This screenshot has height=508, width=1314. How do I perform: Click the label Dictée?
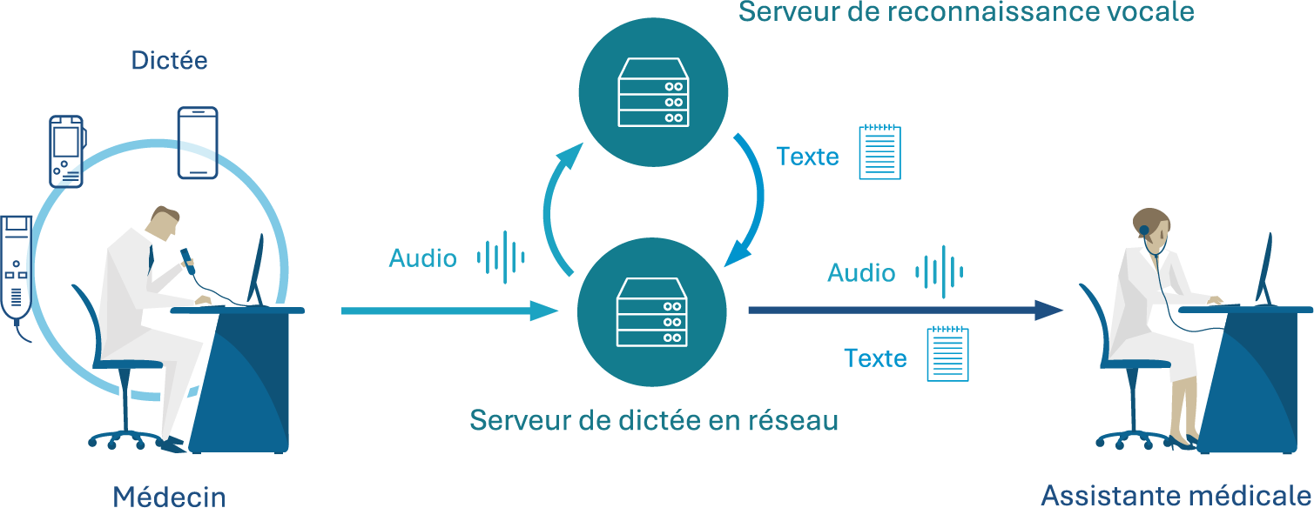coord(169,61)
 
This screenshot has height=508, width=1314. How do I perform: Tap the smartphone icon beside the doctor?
coord(198,143)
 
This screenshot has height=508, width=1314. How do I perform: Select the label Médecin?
coord(169,497)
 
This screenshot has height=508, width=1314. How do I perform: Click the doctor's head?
coord(165,222)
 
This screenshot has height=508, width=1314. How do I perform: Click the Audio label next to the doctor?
coord(422,258)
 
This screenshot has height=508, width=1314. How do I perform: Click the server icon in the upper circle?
coord(652,93)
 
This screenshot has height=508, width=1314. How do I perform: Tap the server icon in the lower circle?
coord(652,310)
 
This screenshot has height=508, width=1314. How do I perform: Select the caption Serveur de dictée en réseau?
coord(653,421)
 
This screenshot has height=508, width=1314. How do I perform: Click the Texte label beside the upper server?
coord(807,157)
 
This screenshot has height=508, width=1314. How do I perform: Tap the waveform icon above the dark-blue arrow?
coord(939,272)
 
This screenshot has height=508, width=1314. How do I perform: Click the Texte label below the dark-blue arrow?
coord(875,358)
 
